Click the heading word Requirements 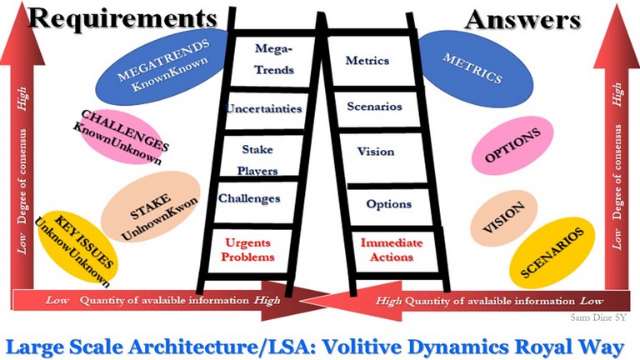(x=122, y=19)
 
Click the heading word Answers (x=522, y=20)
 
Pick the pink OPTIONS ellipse (x=512, y=145)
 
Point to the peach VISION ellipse (x=503, y=217)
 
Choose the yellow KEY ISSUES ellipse (x=77, y=247)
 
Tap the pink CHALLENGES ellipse (x=120, y=137)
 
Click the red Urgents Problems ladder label (x=247, y=250)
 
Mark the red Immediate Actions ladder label (x=392, y=250)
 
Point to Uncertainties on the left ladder (x=263, y=108)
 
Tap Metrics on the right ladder (x=367, y=60)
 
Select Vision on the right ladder (x=376, y=152)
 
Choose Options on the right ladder (x=388, y=203)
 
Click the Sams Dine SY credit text (x=597, y=317)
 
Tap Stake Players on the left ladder (x=257, y=160)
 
